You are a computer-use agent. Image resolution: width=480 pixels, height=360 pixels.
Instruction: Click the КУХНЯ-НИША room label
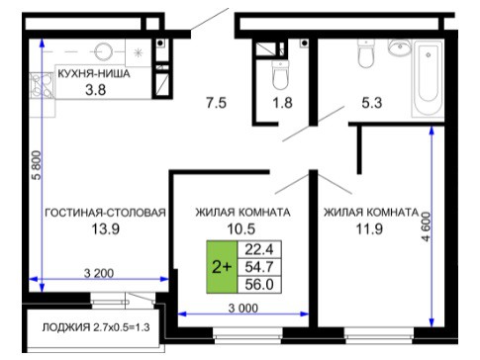(94, 73)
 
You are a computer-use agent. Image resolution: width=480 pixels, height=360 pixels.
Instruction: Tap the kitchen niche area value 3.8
(96, 90)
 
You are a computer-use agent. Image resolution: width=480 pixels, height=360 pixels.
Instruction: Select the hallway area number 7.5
(216, 103)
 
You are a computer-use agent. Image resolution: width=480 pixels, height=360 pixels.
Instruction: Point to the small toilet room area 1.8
(283, 103)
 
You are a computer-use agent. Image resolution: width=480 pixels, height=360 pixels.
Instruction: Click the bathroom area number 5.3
(372, 103)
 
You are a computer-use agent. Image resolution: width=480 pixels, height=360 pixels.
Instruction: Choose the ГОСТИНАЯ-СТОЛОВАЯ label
(105, 213)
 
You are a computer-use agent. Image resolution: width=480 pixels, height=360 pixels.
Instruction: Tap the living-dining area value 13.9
(105, 228)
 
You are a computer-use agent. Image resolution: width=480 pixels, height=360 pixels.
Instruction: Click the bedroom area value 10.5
(241, 228)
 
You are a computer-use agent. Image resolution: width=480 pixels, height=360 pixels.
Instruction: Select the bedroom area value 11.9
(369, 228)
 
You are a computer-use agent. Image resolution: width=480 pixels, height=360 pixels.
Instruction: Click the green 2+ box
(222, 267)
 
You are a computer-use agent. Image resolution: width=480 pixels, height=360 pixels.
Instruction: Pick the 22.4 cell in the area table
(259, 249)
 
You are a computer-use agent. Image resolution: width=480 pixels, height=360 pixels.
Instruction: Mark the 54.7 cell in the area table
(259, 267)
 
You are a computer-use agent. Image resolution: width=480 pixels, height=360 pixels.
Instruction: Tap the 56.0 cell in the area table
(259, 285)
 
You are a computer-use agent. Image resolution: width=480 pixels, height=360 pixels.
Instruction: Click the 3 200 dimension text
(99, 273)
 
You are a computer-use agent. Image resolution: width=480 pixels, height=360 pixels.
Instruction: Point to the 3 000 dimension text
(243, 309)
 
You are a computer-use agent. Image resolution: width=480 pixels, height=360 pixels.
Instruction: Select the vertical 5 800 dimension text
(37, 165)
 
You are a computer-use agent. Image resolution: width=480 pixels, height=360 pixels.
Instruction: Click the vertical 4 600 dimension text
(427, 226)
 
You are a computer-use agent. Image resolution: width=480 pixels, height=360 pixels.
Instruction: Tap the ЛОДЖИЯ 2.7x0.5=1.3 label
(96, 327)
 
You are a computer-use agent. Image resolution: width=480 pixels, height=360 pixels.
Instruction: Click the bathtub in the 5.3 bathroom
(429, 78)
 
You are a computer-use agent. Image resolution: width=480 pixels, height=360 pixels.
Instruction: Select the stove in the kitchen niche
(42, 85)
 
